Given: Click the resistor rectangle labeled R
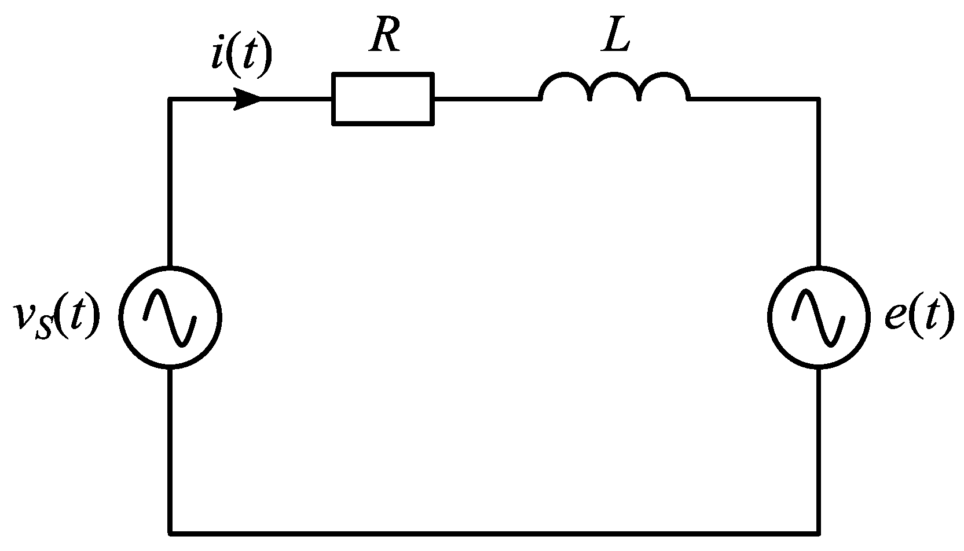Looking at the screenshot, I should pyautogui.click(x=383, y=98).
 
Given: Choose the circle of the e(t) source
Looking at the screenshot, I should pyautogui.click(x=818, y=317).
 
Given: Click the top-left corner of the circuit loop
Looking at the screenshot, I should pyautogui.click(x=170, y=100).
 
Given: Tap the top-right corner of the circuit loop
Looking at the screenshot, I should pyautogui.click(x=818, y=100).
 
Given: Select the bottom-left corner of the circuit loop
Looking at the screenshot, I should pyautogui.click(x=170, y=532).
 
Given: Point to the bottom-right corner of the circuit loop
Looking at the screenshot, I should pyautogui.click(x=818, y=532).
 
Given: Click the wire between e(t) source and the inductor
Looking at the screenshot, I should pyautogui.click(x=818, y=180).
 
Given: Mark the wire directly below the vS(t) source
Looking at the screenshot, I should pyautogui.click(x=170, y=449).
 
